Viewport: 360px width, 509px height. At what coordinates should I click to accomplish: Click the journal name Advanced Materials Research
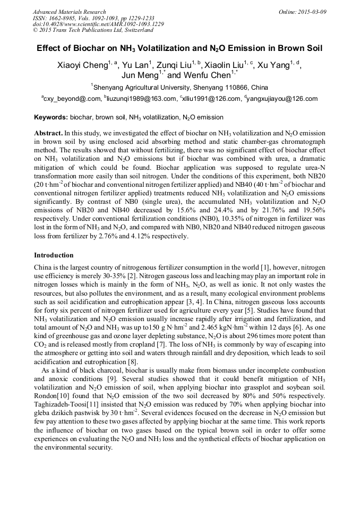click(69, 12)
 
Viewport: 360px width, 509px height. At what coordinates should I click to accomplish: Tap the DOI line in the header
click(98, 24)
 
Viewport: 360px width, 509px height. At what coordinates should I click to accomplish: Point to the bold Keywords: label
click(51, 117)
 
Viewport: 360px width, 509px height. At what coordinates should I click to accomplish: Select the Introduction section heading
click(54, 255)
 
